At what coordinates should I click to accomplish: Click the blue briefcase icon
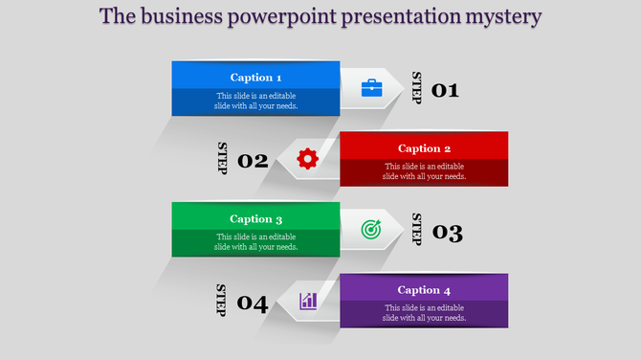click(x=371, y=88)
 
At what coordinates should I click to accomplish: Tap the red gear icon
click(x=307, y=159)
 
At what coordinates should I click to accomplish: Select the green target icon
click(x=371, y=230)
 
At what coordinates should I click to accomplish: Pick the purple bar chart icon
click(x=308, y=301)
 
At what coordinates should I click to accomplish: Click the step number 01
click(x=446, y=91)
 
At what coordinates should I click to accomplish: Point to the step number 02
click(x=253, y=161)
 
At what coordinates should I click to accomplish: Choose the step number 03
click(x=448, y=233)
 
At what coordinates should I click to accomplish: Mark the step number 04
click(x=253, y=304)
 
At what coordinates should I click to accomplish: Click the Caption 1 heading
click(x=255, y=78)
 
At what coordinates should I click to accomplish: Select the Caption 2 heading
click(x=424, y=148)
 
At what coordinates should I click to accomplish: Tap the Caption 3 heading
click(x=255, y=219)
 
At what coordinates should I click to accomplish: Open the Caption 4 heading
click(x=424, y=290)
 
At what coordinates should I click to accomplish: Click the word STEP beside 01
click(x=416, y=88)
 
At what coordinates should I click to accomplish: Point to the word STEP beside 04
click(x=221, y=301)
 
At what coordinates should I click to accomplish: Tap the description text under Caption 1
click(x=255, y=101)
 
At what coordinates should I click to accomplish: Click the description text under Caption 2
click(x=424, y=171)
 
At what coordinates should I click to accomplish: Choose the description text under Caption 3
click(x=255, y=242)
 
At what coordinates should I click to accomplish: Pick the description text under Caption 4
click(x=424, y=313)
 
